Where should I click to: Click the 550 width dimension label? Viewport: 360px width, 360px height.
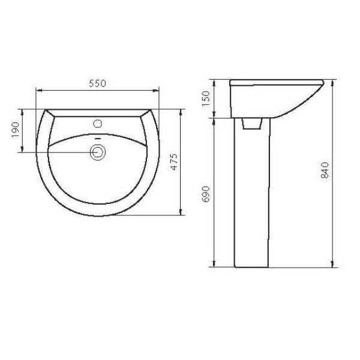point(98,83)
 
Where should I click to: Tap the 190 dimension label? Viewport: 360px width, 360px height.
point(16,130)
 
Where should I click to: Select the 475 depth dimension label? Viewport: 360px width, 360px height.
point(175,162)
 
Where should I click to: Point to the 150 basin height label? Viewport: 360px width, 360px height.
point(206,98)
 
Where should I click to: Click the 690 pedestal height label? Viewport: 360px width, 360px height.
point(206,194)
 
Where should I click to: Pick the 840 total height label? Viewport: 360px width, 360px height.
point(325,170)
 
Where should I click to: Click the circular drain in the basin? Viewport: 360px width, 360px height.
point(98,152)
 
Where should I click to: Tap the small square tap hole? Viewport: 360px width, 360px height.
point(98,124)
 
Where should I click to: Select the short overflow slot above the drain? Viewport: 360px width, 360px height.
point(98,139)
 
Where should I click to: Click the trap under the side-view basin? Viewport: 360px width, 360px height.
point(252,124)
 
